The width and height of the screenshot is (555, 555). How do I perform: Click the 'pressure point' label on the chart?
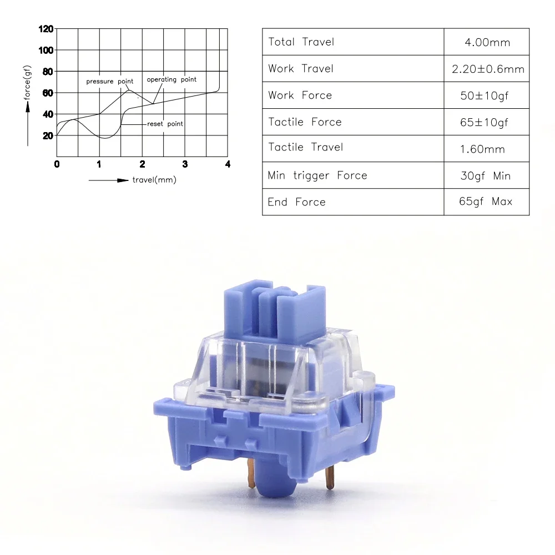click(109, 82)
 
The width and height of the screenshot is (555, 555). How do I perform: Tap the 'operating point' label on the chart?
click(171, 79)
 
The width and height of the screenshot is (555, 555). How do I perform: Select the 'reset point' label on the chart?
click(165, 124)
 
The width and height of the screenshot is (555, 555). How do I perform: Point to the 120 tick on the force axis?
click(47, 29)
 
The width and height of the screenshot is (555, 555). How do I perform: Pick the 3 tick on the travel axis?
click(185, 164)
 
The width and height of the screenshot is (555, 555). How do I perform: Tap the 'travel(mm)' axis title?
click(154, 180)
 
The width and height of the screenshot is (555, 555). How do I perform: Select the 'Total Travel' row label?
click(301, 42)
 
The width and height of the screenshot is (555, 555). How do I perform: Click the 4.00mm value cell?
click(487, 42)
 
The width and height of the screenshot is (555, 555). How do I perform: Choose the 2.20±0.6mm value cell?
click(488, 69)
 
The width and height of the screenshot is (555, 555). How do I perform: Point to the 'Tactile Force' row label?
click(305, 122)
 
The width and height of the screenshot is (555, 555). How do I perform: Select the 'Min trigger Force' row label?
click(317, 175)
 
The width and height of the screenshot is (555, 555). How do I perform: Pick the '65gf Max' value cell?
click(486, 201)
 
